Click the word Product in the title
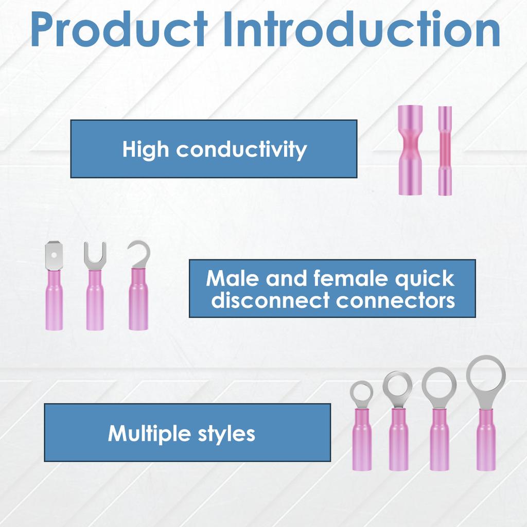[x=119, y=29]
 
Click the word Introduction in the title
[x=362, y=29]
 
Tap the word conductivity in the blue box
[x=242, y=149]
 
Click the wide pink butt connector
[x=410, y=150]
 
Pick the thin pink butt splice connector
[x=445, y=151]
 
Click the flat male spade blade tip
[x=54, y=256]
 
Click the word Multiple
[x=150, y=434]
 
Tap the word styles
[x=226, y=434]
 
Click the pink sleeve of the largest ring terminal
[x=486, y=440]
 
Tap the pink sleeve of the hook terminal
[x=138, y=299]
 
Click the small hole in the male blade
[x=54, y=255]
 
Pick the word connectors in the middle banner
[x=396, y=300]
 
